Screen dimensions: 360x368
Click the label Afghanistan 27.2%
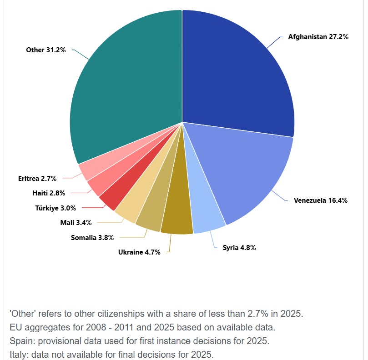point(318,37)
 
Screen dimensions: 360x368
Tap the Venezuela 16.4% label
point(320,200)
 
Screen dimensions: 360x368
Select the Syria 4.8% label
point(239,248)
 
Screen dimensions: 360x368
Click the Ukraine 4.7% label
point(139,252)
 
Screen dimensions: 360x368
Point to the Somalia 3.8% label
point(92,237)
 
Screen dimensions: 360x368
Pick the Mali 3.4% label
point(76,223)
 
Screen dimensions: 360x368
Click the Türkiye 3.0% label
point(55,208)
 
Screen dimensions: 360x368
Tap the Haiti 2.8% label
point(49,193)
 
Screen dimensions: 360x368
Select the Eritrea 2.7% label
point(37,178)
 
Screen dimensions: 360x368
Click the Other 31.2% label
point(46,50)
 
